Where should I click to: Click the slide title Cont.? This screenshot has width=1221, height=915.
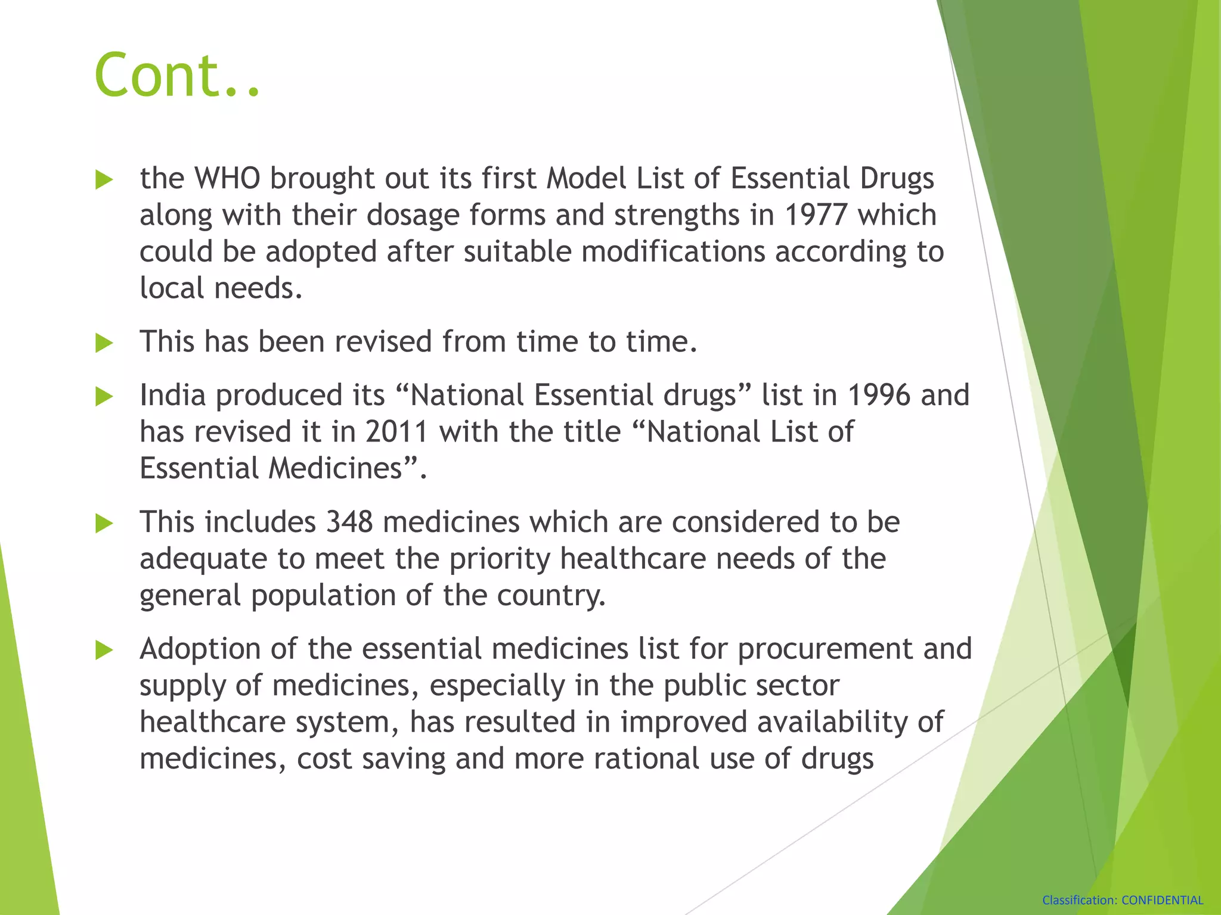click(x=177, y=76)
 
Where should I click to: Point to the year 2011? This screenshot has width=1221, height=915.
click(x=397, y=432)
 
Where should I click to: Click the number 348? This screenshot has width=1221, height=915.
click(x=349, y=522)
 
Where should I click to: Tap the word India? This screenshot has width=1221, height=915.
click(x=173, y=396)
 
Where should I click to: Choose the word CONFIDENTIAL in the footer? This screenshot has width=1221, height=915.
click(x=1162, y=900)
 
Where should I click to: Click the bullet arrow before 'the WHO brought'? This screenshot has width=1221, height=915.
click(x=104, y=180)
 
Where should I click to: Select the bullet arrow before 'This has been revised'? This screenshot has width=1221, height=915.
click(x=104, y=343)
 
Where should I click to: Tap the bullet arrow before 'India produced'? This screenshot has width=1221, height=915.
click(x=104, y=397)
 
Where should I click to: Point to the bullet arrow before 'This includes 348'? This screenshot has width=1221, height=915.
click(x=104, y=524)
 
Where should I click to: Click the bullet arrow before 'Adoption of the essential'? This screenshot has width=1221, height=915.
click(x=104, y=651)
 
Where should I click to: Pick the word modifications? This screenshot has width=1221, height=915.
click(x=673, y=252)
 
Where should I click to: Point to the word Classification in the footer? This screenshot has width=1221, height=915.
click(x=1079, y=900)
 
